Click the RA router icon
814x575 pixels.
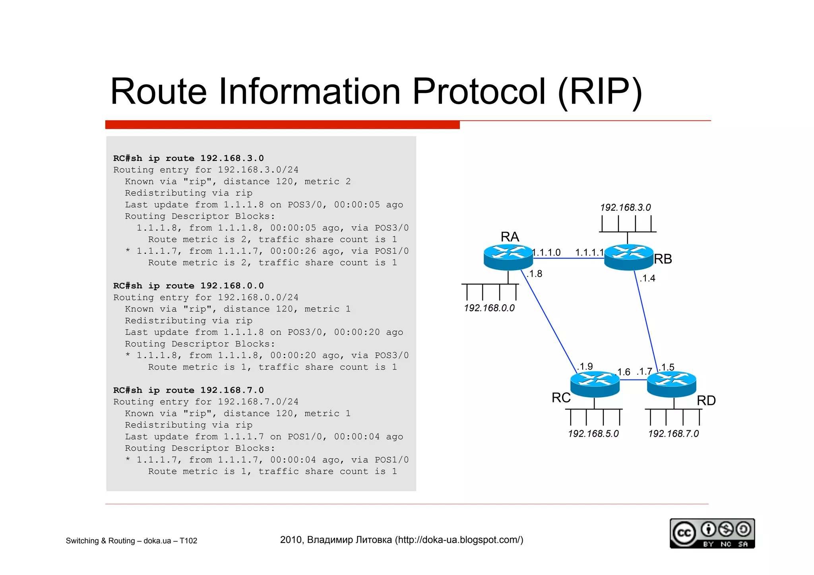[508, 257]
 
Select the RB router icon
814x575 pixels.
[628, 257]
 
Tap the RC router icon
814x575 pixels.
[595, 384]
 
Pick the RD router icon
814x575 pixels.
[671, 384]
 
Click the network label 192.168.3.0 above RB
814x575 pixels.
[625, 207]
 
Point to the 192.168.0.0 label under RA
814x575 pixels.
[489, 308]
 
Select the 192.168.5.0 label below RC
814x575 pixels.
[593, 434]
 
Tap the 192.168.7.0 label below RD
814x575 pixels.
[673, 434]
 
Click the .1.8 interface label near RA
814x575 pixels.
[535, 274]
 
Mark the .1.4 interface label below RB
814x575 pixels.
[647, 278]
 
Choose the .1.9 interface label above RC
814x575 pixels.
[585, 366]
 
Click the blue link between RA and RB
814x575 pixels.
[568, 258]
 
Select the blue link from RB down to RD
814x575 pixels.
[646, 322]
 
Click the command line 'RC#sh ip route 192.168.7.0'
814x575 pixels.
[188, 390]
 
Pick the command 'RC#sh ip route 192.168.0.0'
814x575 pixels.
[188, 286]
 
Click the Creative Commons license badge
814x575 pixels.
[712, 533]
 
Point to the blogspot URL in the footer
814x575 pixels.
[459, 540]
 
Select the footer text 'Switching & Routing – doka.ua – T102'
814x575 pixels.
[131, 541]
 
